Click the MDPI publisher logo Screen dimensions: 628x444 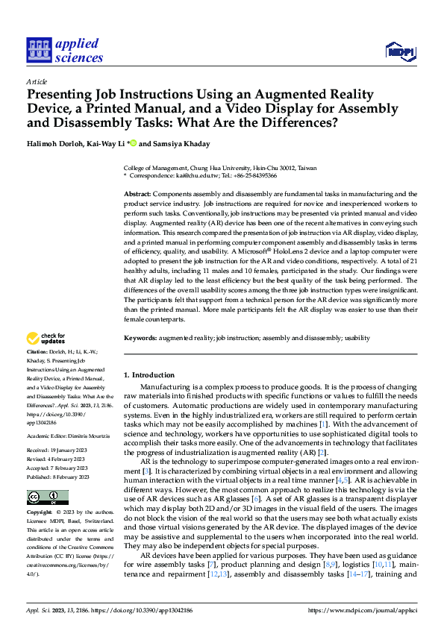point(398,51)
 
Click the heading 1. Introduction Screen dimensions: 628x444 point(148,374)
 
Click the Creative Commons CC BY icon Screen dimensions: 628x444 point(47,497)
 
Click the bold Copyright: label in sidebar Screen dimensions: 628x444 point(40,513)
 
